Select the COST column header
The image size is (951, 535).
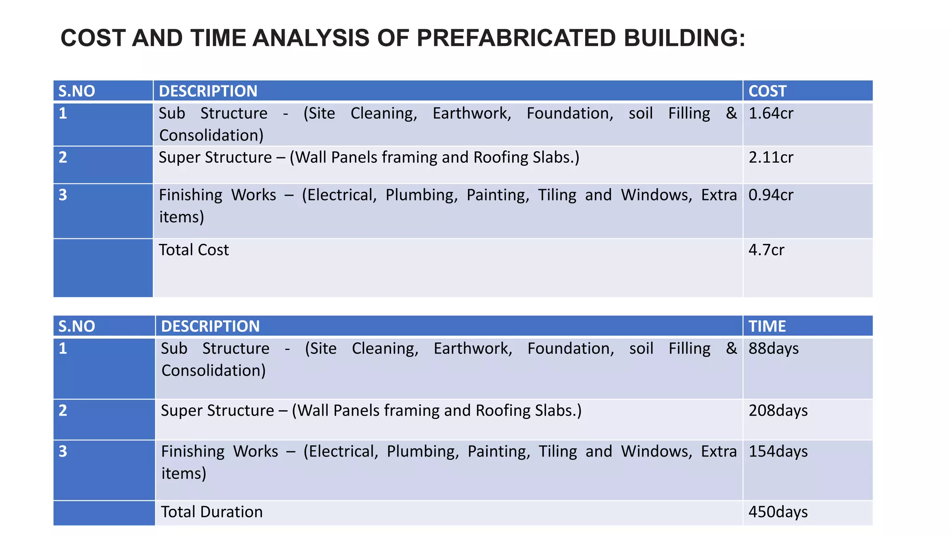[x=767, y=91]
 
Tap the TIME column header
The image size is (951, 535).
[x=767, y=326]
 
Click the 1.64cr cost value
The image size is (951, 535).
[x=771, y=113]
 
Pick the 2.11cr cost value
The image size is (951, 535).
[x=771, y=157]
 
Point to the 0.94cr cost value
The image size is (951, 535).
[x=771, y=195]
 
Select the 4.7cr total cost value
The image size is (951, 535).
[x=766, y=250]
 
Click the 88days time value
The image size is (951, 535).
[x=774, y=348]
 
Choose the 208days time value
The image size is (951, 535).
[x=778, y=411]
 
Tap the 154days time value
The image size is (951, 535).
[x=778, y=451]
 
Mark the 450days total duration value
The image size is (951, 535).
[x=778, y=512]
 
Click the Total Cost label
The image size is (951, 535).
[x=194, y=250]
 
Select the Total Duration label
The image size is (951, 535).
[x=212, y=512]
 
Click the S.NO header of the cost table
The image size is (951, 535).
[x=77, y=91]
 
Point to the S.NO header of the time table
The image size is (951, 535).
[x=77, y=326]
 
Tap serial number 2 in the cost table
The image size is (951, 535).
[x=63, y=157]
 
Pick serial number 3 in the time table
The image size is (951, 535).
[x=63, y=451]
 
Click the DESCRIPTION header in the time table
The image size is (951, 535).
[x=210, y=326]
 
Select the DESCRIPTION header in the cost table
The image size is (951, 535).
[x=208, y=91]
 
